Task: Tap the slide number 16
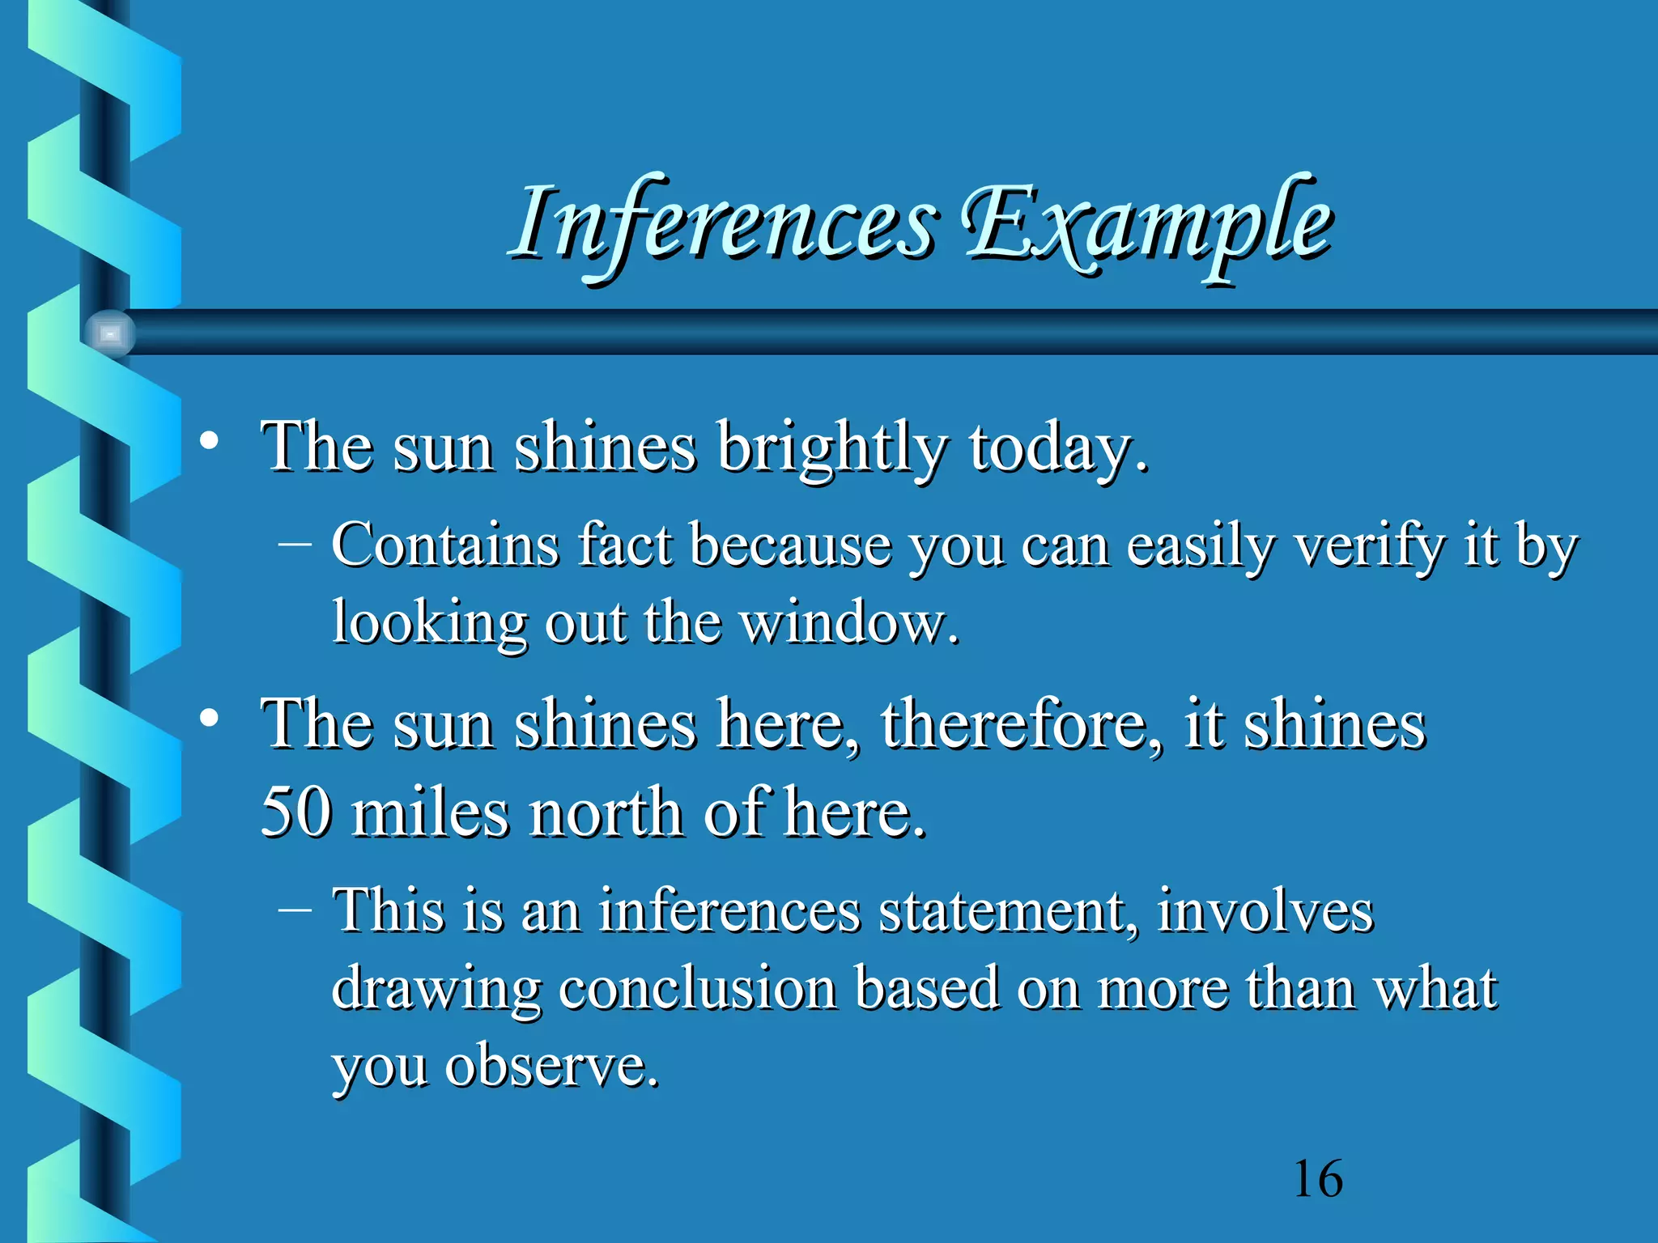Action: [x=1318, y=1179]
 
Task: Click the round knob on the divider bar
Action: [x=110, y=333]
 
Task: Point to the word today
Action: [x=1057, y=448]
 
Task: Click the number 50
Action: [x=296, y=812]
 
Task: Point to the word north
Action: [x=606, y=812]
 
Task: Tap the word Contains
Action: [x=445, y=545]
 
